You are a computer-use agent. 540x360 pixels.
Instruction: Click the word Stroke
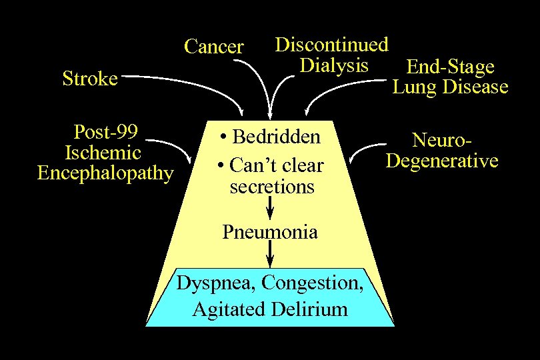pyautogui.click(x=90, y=79)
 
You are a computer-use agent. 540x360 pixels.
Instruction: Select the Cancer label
pyautogui.click(x=213, y=47)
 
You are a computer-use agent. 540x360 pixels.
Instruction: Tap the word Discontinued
pyautogui.click(x=331, y=45)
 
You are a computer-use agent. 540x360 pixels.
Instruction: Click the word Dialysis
pyautogui.click(x=333, y=65)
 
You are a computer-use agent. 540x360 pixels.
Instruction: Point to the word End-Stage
pyautogui.click(x=450, y=67)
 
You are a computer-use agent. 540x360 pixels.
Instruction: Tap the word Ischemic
pyautogui.click(x=103, y=152)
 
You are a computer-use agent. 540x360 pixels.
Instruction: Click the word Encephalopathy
pyautogui.click(x=105, y=173)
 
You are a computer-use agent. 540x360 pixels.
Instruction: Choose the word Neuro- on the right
pyautogui.click(x=442, y=140)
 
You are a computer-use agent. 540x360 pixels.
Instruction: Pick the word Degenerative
pyautogui.click(x=441, y=161)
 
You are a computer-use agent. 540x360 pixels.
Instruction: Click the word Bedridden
pyautogui.click(x=276, y=137)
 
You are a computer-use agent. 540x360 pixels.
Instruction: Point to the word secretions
pyautogui.click(x=271, y=187)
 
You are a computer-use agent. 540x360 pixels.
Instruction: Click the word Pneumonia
pyautogui.click(x=269, y=232)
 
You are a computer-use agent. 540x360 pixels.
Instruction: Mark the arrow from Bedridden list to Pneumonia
pyautogui.click(x=269, y=209)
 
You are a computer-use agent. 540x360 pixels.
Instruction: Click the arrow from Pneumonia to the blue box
pyautogui.click(x=269, y=253)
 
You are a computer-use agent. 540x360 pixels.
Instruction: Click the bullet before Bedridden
pyautogui.click(x=223, y=138)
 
